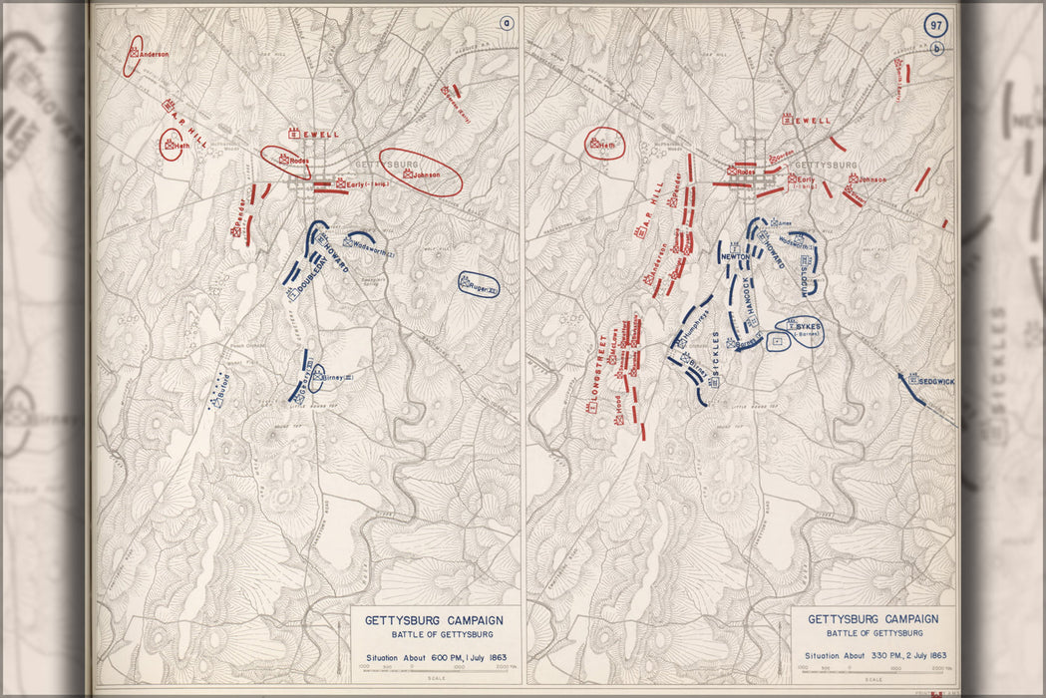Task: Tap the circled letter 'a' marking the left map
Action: pos(507,23)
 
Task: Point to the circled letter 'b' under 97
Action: pos(936,49)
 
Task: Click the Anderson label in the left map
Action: pos(153,54)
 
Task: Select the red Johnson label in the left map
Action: pos(426,174)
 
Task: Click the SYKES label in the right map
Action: pos(809,325)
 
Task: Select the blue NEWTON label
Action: pos(735,255)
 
